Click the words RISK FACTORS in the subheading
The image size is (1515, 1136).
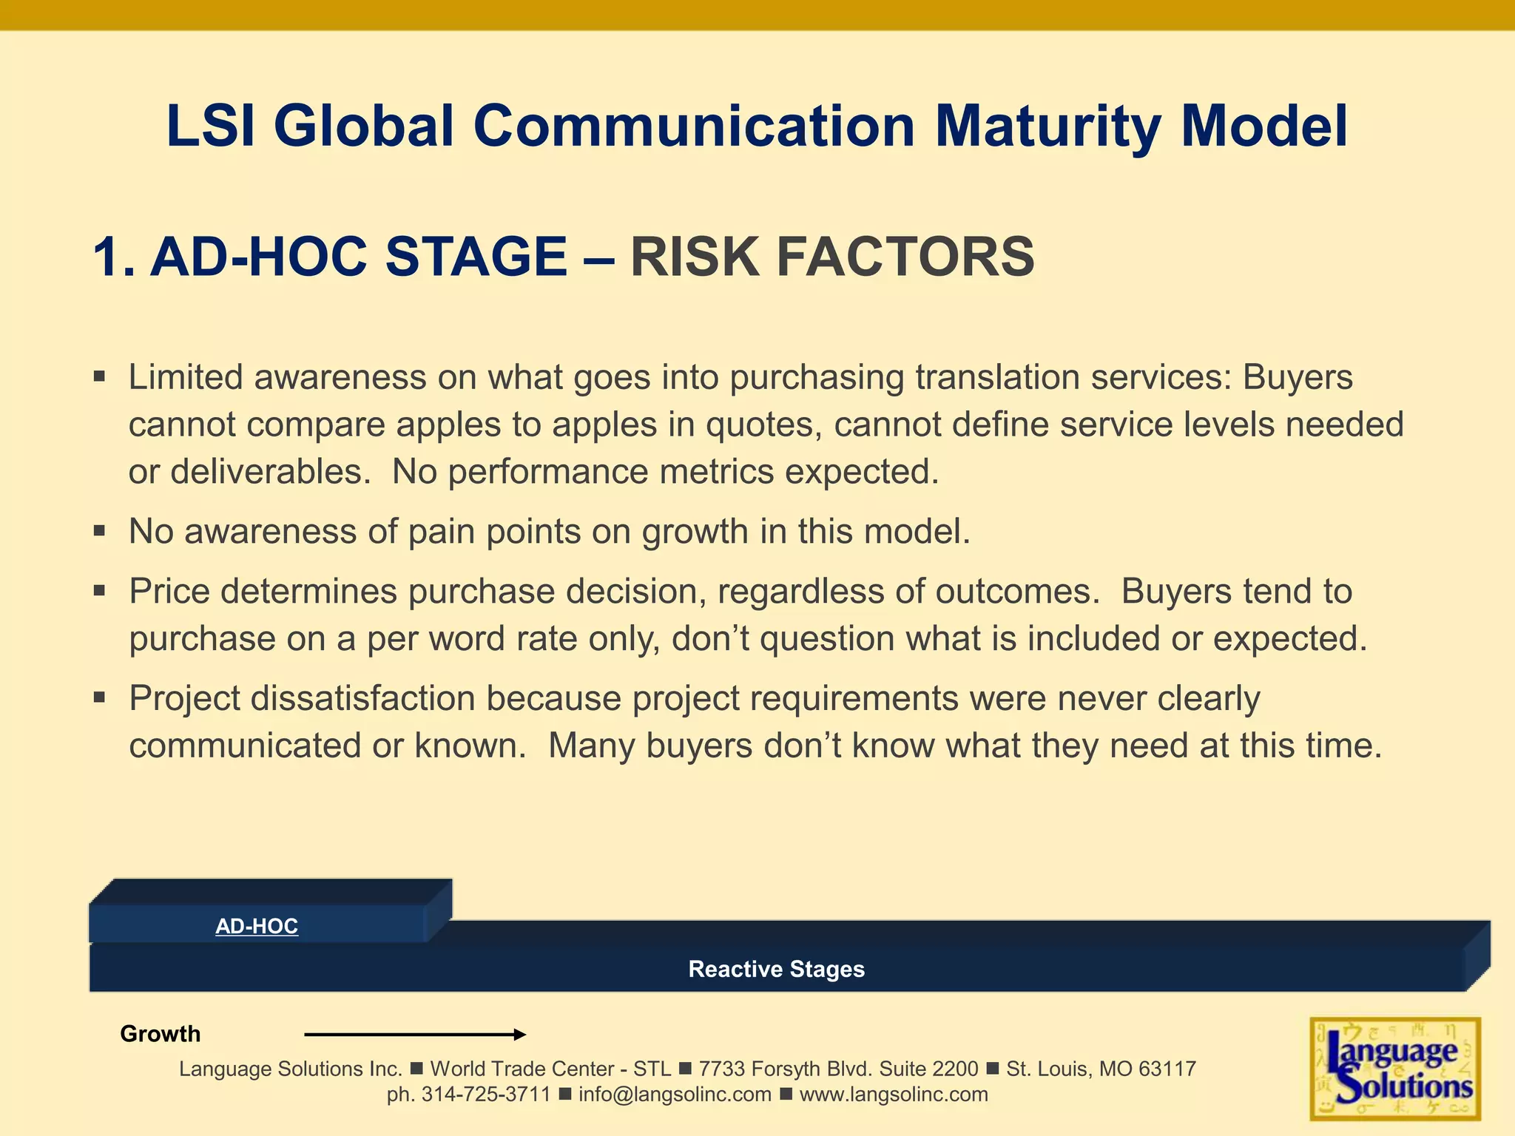(x=831, y=257)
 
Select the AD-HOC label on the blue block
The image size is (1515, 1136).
(x=257, y=926)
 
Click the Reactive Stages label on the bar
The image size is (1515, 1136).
(x=776, y=969)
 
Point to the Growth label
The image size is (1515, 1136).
(x=160, y=1034)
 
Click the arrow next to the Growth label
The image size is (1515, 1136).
(x=414, y=1035)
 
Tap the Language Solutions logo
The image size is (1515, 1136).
(x=1395, y=1069)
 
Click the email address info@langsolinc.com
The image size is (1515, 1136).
(x=675, y=1095)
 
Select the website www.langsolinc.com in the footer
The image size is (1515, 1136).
(x=894, y=1095)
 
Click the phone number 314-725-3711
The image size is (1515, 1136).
(x=486, y=1095)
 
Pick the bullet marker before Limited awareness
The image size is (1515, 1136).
(x=100, y=377)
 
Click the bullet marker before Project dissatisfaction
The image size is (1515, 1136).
(x=100, y=697)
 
